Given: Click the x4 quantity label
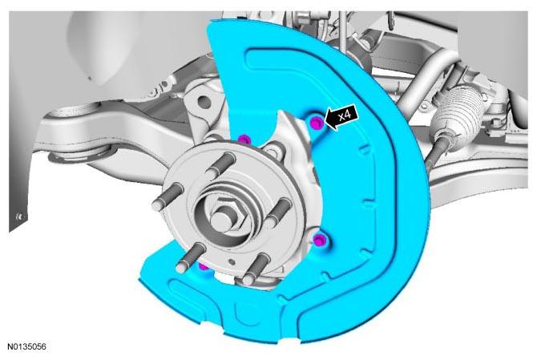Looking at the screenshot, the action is click(345, 115).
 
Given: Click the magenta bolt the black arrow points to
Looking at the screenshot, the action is click(317, 123).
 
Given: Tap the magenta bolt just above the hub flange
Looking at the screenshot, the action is click(244, 140).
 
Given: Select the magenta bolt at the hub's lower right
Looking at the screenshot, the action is click(319, 240).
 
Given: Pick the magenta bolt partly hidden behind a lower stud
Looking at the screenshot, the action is click(203, 266).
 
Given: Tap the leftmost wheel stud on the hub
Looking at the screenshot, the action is click(167, 197).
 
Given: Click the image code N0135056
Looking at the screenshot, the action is click(27, 346).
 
